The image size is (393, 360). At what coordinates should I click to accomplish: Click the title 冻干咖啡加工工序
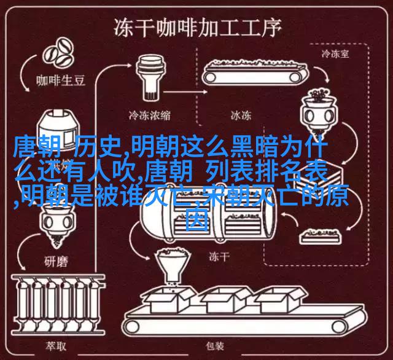tap(198, 28)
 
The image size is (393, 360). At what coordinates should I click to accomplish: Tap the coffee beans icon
tap(58, 53)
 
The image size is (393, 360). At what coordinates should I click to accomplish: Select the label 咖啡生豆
tap(61, 80)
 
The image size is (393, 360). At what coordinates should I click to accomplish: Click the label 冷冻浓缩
tap(150, 115)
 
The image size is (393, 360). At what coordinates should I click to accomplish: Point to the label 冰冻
tap(241, 115)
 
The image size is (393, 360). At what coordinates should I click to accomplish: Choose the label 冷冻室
tap(335, 53)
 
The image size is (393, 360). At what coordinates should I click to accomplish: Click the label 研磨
tap(56, 262)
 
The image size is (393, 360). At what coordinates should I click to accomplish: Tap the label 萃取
tap(56, 346)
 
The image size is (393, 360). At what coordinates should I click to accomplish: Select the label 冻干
tap(219, 257)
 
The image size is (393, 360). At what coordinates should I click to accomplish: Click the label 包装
tap(215, 346)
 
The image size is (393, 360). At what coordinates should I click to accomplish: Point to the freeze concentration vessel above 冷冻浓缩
tap(150, 78)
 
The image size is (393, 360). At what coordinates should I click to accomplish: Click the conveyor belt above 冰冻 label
tap(255, 72)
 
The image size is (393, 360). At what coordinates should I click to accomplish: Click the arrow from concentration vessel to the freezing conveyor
tap(185, 92)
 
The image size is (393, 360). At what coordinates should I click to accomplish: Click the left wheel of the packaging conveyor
tap(132, 327)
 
